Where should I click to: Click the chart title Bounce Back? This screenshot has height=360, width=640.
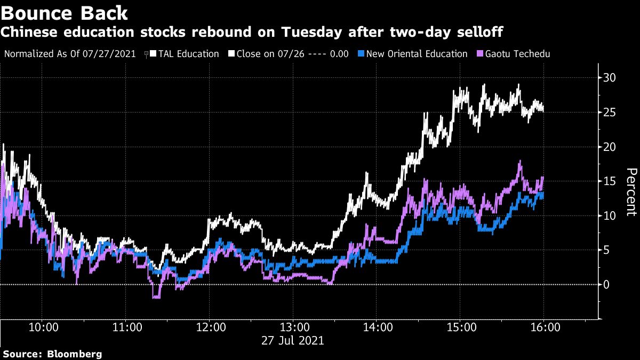click(x=65, y=12)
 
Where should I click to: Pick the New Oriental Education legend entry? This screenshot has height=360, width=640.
click(x=417, y=54)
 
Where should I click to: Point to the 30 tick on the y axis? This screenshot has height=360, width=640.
click(x=610, y=78)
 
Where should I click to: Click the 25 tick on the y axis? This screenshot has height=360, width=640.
click(x=610, y=113)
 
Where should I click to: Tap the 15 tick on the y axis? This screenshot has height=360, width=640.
click(x=610, y=181)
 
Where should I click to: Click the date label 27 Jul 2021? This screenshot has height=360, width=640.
click(x=292, y=340)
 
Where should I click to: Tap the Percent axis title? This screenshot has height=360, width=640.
click(x=631, y=192)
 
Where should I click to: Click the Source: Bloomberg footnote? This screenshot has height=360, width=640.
click(x=52, y=354)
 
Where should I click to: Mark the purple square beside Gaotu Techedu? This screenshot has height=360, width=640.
click(x=480, y=54)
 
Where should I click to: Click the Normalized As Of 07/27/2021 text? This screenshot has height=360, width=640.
click(x=69, y=54)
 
